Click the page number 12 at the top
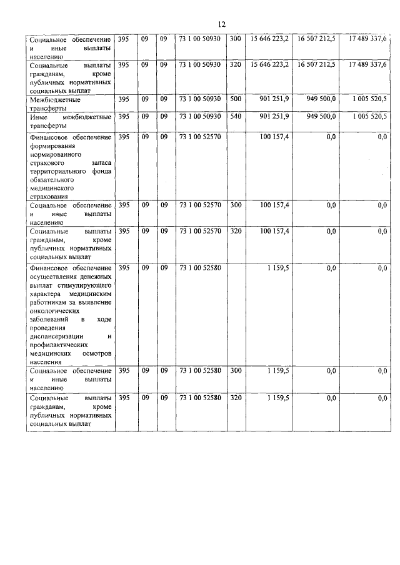coord(221,24)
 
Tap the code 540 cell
coord(234,117)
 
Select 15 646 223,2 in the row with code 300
coord(269,40)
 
